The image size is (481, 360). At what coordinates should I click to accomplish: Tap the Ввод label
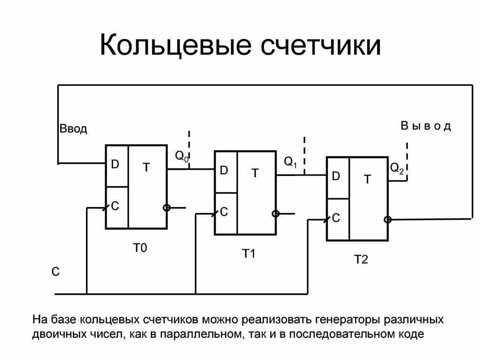click(x=73, y=129)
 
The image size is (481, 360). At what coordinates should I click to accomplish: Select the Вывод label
click(x=426, y=126)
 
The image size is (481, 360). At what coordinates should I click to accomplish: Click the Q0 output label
click(x=182, y=157)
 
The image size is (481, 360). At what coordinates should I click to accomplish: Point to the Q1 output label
click(x=291, y=162)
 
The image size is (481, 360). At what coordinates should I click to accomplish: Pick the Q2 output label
click(x=397, y=169)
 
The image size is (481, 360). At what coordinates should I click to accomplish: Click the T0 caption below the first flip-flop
click(x=140, y=248)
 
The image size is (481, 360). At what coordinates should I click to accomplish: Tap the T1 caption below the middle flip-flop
click(x=248, y=254)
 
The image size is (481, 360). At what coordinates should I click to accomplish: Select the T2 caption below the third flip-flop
click(x=361, y=259)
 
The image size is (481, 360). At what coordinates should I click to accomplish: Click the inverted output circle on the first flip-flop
click(x=166, y=207)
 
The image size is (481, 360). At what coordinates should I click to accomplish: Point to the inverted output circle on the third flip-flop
click(x=388, y=219)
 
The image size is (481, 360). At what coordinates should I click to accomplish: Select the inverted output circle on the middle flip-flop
click(x=276, y=214)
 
